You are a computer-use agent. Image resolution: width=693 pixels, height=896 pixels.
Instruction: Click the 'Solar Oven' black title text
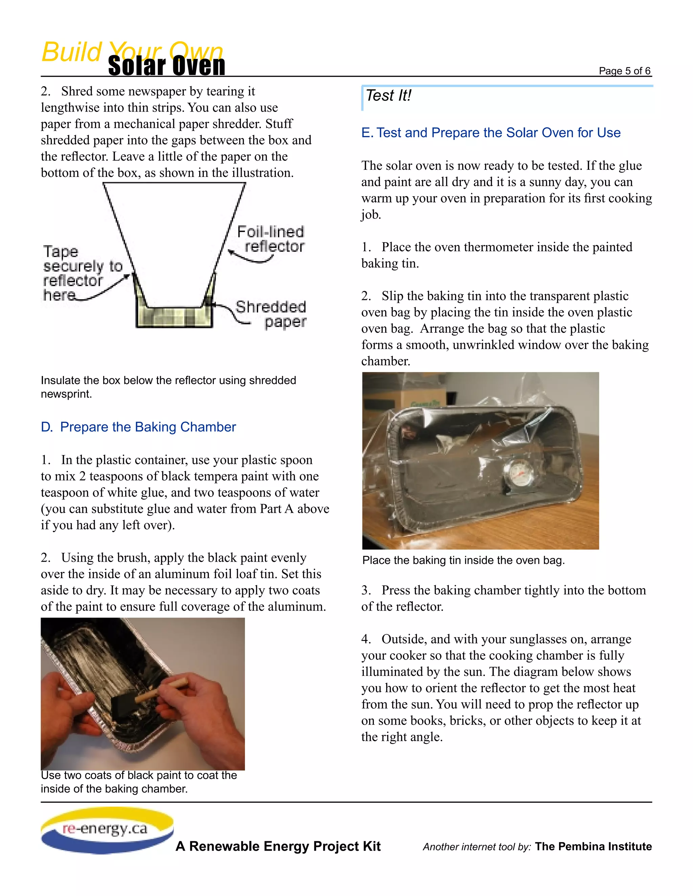point(166,66)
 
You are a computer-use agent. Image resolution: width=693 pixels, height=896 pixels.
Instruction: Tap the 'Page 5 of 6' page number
point(624,71)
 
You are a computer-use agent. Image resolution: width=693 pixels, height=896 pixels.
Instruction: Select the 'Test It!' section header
point(388,96)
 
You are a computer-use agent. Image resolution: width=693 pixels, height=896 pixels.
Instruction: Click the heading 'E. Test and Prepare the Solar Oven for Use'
point(491,133)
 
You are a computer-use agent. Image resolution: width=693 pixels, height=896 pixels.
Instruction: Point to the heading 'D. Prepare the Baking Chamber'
point(138,427)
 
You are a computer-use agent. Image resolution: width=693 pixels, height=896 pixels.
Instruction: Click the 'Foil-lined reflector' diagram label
point(271,239)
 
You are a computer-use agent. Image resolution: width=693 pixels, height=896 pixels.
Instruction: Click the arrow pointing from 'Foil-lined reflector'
point(250,257)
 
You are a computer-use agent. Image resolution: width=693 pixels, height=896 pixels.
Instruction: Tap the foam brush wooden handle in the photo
point(161,691)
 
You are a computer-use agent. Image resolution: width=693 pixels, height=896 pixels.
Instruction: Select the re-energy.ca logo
point(107,829)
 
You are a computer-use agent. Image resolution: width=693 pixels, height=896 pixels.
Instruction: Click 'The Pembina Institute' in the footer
point(593,846)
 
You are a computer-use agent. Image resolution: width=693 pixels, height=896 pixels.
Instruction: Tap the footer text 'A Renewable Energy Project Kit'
point(278,846)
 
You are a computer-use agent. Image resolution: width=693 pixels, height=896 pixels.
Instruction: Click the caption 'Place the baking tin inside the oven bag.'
point(463,560)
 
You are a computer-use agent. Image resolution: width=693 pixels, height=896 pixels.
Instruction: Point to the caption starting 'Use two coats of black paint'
point(138,782)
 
